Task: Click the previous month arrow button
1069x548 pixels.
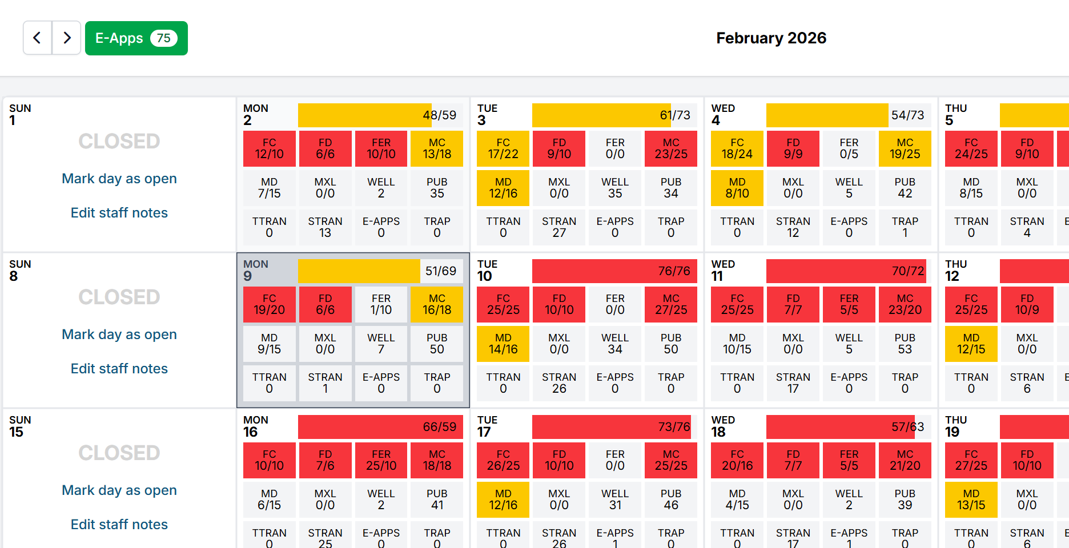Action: [x=38, y=38]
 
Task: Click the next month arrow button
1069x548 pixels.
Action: [x=67, y=38]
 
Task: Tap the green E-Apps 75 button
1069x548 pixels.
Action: [x=136, y=38]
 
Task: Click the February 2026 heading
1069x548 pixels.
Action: [x=771, y=38]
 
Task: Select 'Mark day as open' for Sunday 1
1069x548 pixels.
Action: [x=119, y=179]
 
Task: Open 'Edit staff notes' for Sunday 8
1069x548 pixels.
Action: [x=119, y=369]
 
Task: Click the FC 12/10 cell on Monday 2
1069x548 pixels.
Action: [x=269, y=148]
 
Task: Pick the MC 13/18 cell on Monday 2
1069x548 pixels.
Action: [x=437, y=148]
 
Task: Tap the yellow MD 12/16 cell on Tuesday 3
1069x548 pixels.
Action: [x=503, y=188]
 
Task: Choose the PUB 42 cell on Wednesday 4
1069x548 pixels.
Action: [x=905, y=188]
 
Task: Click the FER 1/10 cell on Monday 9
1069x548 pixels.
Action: [x=381, y=304]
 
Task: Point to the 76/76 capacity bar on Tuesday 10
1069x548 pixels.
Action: [x=614, y=271]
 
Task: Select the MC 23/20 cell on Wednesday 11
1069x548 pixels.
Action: [x=905, y=304]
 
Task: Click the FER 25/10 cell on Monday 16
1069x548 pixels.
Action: [x=381, y=460]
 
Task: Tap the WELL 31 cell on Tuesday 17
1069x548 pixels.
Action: [x=615, y=499]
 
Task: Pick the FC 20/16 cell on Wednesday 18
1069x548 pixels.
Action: [x=737, y=460]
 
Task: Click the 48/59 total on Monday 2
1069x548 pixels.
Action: [x=439, y=115]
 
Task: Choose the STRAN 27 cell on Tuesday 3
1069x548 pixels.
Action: [x=559, y=227]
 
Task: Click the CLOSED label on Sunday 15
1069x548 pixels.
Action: [x=119, y=453]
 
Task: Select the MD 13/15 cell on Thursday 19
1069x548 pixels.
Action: [x=971, y=499]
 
